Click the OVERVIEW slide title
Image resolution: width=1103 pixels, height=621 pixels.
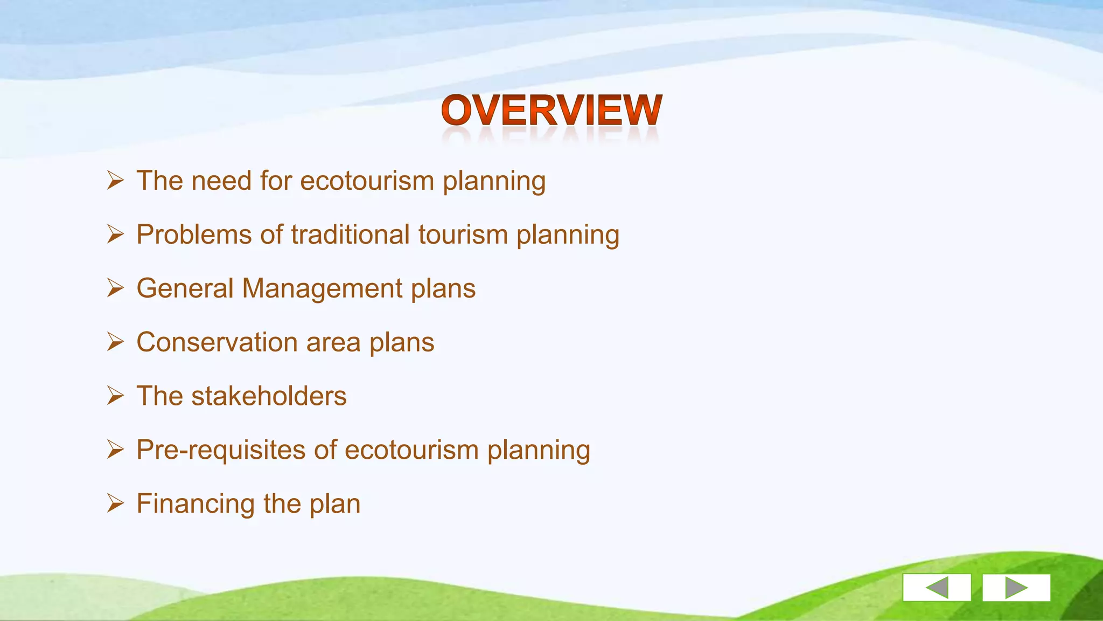pyautogui.click(x=551, y=110)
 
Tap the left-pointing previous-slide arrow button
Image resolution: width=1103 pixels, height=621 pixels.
pyautogui.click(x=937, y=587)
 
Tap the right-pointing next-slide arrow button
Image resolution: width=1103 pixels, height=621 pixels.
pyautogui.click(x=1016, y=587)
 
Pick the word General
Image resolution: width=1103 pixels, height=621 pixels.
pyautogui.click(x=185, y=288)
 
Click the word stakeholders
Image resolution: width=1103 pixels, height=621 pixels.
pyautogui.click(x=269, y=396)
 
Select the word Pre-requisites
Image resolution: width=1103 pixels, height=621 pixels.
pyautogui.click(x=221, y=450)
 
